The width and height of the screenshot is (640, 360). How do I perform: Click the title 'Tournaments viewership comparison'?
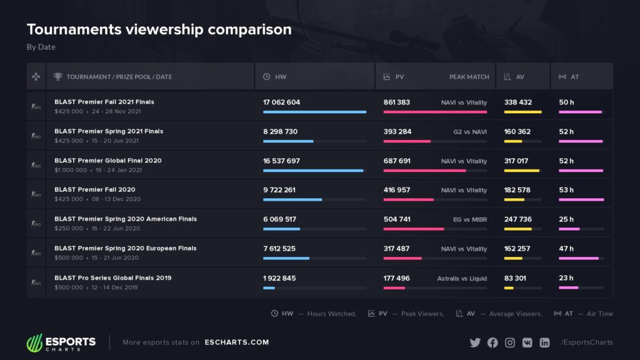(x=159, y=29)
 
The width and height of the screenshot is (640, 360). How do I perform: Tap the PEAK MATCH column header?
(x=469, y=77)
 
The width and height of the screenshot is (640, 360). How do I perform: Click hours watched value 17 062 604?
(x=281, y=102)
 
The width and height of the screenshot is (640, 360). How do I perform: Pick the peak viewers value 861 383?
(x=397, y=102)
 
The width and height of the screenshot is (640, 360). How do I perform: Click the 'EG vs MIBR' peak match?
(x=470, y=219)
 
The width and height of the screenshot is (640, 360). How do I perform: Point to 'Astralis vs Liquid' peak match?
(x=462, y=278)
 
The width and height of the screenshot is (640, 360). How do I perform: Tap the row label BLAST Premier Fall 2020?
(x=94, y=189)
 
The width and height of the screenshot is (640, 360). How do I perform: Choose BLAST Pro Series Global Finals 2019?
(x=112, y=277)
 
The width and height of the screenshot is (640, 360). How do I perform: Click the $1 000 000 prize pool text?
(x=71, y=170)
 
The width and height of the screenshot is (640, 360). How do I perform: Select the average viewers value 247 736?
(x=517, y=219)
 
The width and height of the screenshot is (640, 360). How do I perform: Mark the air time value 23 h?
(x=566, y=278)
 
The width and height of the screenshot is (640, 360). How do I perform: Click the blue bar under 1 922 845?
(x=269, y=287)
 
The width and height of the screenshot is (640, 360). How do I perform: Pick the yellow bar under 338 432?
(x=522, y=112)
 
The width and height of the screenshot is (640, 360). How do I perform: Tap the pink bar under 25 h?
(x=569, y=229)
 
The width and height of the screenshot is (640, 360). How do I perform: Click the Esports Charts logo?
(x=61, y=342)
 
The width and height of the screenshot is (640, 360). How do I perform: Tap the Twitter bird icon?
(x=475, y=342)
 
